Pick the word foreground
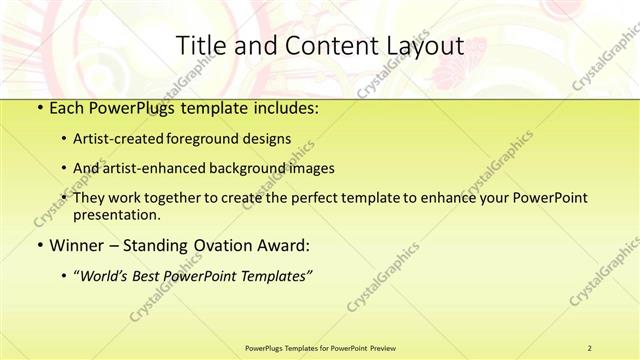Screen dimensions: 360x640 point(216,140)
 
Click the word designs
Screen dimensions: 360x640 point(271,140)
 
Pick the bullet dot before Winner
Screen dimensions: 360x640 point(38,245)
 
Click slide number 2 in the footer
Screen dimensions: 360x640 point(590,347)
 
